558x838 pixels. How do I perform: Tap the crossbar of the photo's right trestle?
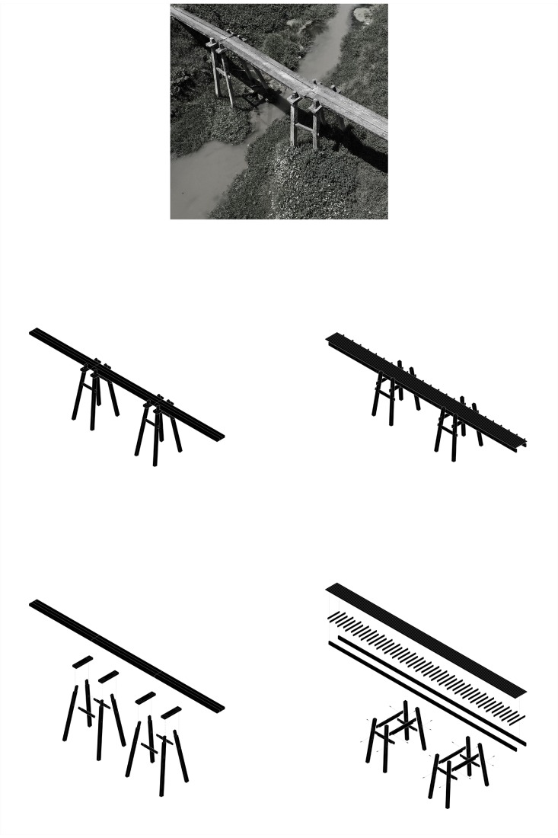tap(304, 126)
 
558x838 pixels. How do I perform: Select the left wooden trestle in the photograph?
tap(222, 72)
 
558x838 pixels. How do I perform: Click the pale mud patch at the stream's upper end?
tap(362, 13)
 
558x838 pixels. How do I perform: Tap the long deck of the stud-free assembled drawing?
tap(129, 385)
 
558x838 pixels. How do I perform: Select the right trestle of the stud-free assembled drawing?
tap(158, 430)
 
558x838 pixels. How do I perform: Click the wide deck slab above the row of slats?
tap(426, 640)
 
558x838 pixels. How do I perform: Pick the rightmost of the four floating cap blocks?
tap(171, 712)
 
